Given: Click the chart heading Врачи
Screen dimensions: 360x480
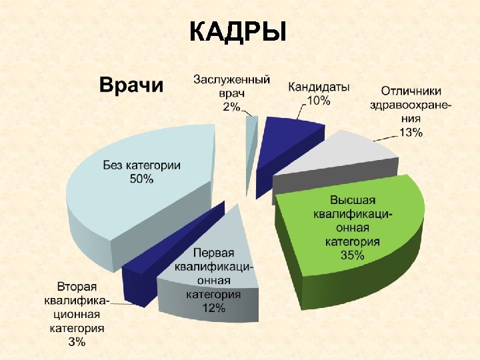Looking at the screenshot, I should (x=131, y=85).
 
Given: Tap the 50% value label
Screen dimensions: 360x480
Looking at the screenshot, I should (x=141, y=179).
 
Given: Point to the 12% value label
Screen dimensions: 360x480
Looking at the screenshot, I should (x=213, y=308).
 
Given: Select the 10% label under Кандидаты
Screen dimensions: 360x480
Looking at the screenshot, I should (x=318, y=101).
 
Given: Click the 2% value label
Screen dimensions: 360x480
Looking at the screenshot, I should (x=231, y=107).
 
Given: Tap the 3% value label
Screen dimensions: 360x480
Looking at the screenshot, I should (x=76, y=342).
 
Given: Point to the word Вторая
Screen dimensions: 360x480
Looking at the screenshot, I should (x=77, y=287).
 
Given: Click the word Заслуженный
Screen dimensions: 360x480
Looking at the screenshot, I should (x=231, y=79).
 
